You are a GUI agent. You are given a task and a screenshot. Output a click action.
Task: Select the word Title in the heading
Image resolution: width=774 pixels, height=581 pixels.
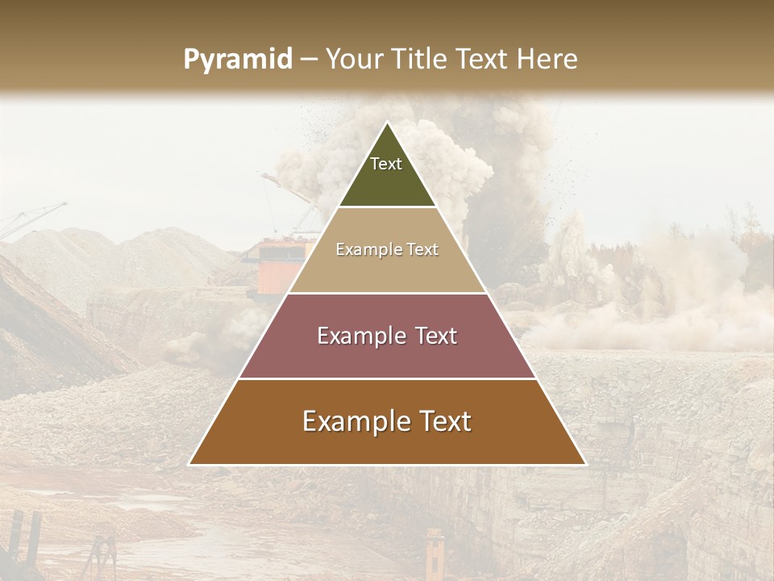click(x=420, y=60)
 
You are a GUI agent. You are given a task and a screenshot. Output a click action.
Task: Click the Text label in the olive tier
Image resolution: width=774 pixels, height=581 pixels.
click(x=386, y=164)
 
